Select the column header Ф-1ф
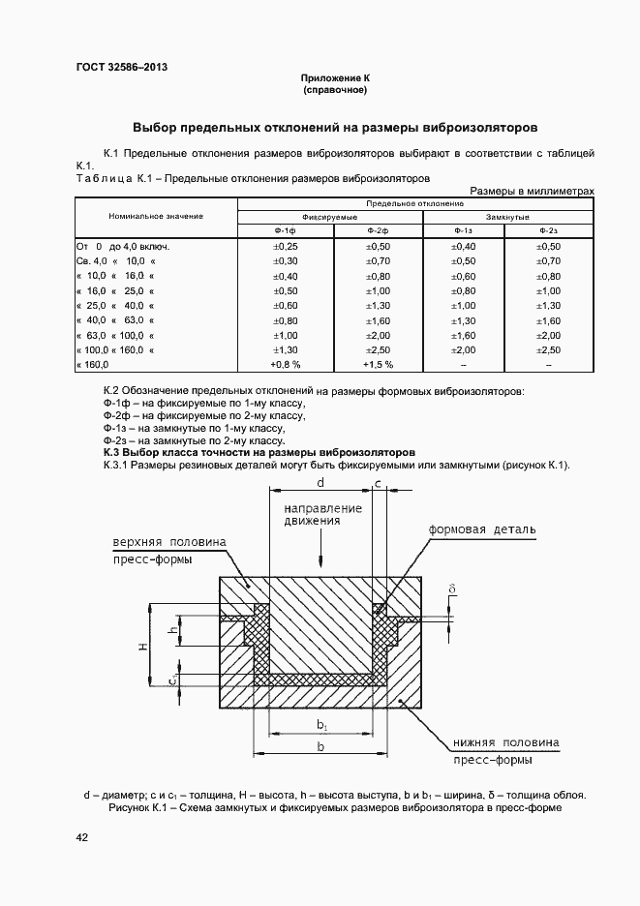(x=285, y=230)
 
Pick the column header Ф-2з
(x=548, y=230)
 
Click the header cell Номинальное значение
(x=156, y=217)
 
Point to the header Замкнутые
(x=507, y=217)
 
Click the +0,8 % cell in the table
(x=285, y=365)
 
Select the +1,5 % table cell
(x=378, y=365)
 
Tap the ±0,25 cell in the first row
(x=285, y=248)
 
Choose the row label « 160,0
(x=93, y=365)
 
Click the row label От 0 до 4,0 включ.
(x=122, y=248)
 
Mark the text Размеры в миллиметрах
(x=532, y=191)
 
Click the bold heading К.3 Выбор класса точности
(x=259, y=452)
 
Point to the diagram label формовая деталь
(x=481, y=531)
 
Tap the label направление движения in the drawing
(x=322, y=514)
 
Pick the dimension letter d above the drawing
(x=320, y=481)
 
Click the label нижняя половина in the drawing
(x=504, y=743)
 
